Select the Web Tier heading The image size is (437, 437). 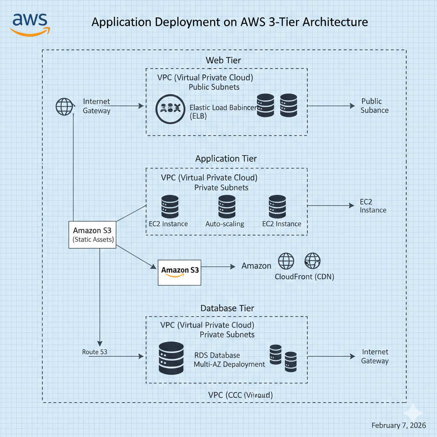223,60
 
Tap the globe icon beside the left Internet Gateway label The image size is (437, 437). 64,106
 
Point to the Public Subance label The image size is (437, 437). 374,106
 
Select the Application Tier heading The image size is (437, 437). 226,159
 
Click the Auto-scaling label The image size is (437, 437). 224,224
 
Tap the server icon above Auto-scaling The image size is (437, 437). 227,207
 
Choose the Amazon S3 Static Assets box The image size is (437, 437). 93,235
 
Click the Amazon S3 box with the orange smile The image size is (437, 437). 179,272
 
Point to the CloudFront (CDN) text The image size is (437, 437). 304,277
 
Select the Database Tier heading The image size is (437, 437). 227,308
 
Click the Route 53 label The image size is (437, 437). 94,352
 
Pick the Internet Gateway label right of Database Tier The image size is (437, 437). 375,356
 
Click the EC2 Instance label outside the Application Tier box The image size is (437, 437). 373,206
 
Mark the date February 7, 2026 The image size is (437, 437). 399,425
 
